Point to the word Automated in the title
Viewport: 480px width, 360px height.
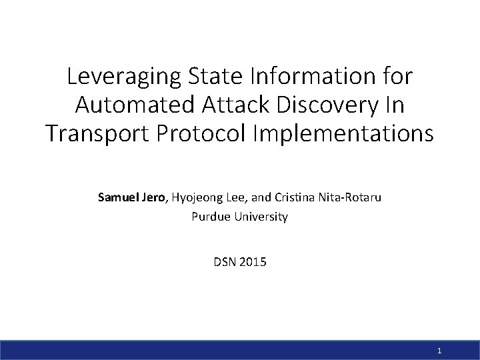tap(135, 105)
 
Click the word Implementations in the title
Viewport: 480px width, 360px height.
tap(343, 133)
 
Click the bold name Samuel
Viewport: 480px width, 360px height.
tap(117, 197)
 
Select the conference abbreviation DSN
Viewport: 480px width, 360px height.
tap(225, 262)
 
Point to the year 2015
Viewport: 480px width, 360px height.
tap(253, 262)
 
